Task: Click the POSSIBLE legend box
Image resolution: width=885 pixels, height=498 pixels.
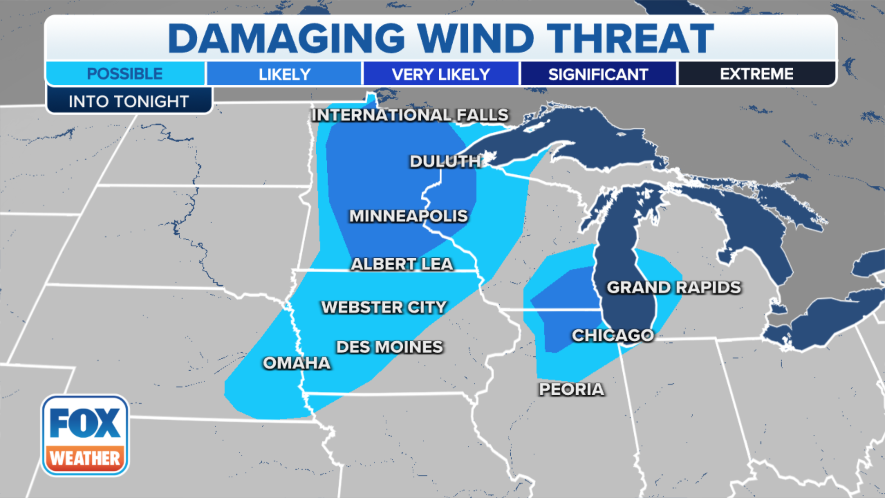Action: coord(125,74)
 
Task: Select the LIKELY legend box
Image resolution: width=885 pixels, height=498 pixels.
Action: coord(284,74)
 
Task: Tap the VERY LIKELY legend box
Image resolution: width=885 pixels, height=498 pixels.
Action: coord(441,74)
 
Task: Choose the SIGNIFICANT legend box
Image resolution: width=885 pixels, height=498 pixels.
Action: coord(598,74)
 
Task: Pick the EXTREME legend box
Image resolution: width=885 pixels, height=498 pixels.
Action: coord(756,74)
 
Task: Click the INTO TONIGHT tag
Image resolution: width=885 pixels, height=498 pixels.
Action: coord(129,101)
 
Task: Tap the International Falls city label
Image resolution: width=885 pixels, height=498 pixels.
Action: coord(410,115)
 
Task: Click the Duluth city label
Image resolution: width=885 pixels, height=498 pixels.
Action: coord(445,161)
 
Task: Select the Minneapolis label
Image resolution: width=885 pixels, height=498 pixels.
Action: coord(408,216)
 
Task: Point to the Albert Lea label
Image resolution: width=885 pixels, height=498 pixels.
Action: coord(402,264)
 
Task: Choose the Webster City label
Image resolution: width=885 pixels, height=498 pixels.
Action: coord(384,307)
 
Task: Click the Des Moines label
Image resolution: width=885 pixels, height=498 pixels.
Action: coord(389,347)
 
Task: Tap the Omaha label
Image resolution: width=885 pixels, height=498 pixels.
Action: coord(297,363)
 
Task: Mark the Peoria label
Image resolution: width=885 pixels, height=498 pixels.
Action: coord(572,389)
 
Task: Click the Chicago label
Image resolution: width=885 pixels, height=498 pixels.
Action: coord(613,335)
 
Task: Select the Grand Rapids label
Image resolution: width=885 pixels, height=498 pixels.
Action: coord(673,287)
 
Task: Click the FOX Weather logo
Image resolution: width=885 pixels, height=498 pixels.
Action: coord(85,435)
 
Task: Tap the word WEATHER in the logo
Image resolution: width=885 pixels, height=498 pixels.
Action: coord(85,458)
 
